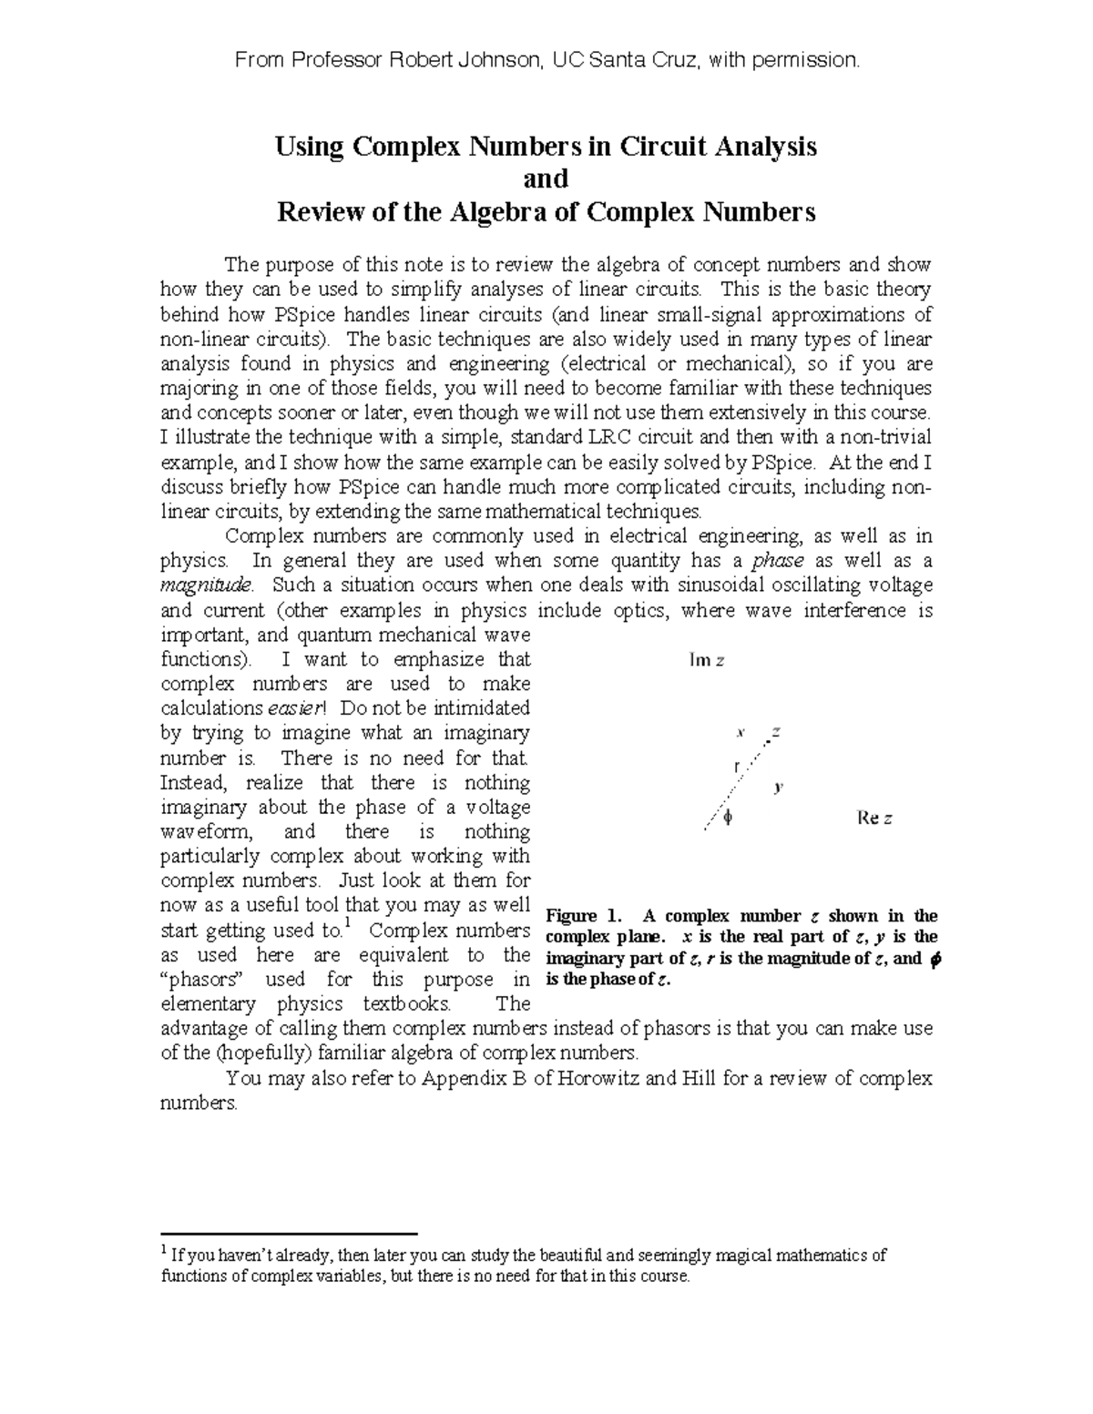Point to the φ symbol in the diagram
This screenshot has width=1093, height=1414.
[727, 818]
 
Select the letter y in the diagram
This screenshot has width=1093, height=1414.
[778, 787]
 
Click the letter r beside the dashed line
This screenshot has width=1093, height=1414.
[737, 766]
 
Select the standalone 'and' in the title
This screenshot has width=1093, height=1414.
[546, 178]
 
